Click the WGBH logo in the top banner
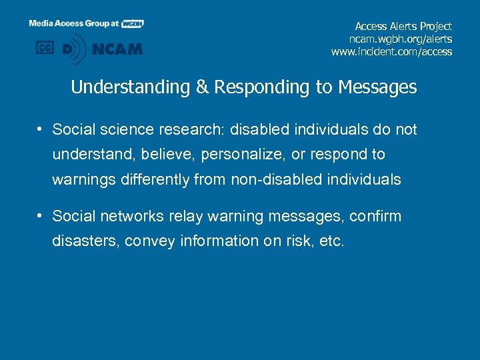point(132,23)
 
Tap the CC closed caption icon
point(45,48)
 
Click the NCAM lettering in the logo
point(118,49)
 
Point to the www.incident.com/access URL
point(391,51)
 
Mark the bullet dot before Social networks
point(41,216)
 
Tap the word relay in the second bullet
point(187,216)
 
